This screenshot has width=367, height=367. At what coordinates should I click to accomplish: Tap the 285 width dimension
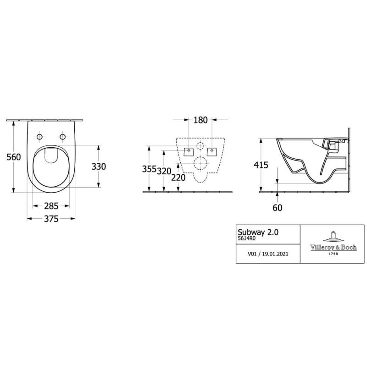[x=51, y=206]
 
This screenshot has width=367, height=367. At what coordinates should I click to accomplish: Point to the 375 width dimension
[x=51, y=219]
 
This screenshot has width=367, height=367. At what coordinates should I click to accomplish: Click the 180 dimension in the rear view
[x=201, y=120]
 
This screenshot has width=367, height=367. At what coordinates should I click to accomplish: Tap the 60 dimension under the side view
[x=277, y=207]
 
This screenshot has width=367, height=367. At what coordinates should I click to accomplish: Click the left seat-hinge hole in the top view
[x=40, y=137]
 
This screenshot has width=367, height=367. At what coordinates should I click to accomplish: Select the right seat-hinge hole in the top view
[x=62, y=137]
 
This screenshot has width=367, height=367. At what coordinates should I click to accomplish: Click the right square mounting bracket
[x=211, y=150]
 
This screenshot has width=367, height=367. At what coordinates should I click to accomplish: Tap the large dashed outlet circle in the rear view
[x=200, y=163]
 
